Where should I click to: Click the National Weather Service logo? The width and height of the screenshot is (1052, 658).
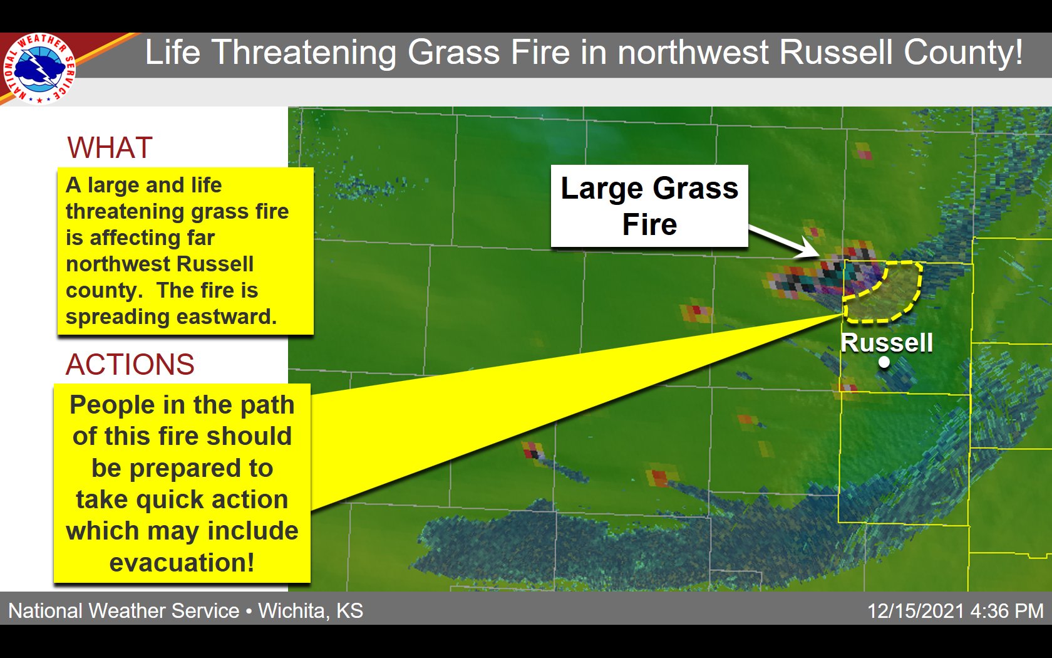click(39, 68)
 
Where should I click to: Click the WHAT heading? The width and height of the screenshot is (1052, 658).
click(110, 148)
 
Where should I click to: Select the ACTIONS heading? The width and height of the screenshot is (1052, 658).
click(130, 364)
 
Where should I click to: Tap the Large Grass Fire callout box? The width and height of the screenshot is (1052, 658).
click(649, 206)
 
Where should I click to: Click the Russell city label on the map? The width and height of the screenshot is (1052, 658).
click(887, 342)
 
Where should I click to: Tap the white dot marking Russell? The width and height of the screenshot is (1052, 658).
click(884, 362)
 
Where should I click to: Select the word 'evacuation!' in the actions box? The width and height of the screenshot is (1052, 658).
click(182, 563)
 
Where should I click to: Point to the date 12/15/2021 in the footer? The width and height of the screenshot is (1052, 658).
click(915, 611)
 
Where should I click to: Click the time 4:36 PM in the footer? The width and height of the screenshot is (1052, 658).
click(1007, 611)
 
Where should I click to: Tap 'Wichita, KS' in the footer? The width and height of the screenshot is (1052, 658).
click(311, 611)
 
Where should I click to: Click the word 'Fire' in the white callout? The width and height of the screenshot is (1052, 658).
click(649, 224)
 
